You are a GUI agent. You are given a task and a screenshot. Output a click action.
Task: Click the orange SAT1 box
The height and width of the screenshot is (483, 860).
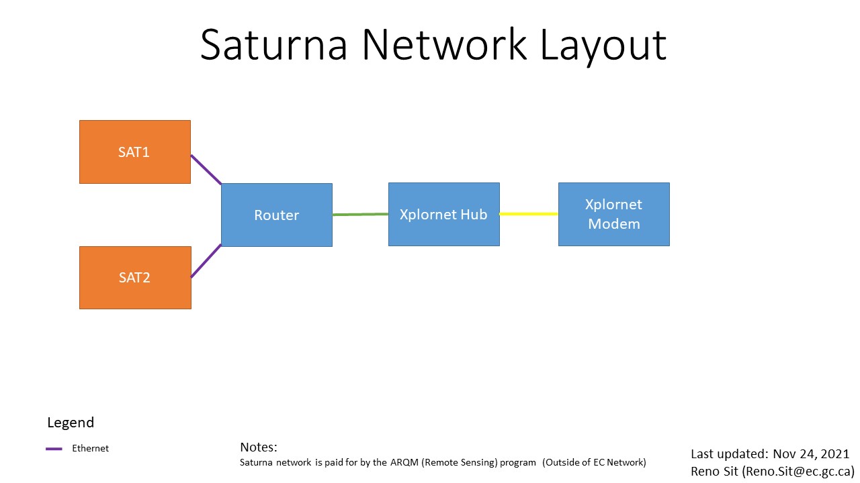click(134, 152)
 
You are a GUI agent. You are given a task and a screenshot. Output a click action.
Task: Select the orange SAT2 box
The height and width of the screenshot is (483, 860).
click(134, 277)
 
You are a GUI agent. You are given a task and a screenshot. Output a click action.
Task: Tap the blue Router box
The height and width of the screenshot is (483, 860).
click(276, 215)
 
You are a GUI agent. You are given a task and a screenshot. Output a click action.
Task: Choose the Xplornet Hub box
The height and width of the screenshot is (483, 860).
click(443, 214)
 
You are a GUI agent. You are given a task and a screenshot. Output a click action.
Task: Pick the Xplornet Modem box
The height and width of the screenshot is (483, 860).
click(613, 214)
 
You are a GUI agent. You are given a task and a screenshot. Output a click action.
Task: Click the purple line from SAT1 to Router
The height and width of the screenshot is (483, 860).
click(206, 170)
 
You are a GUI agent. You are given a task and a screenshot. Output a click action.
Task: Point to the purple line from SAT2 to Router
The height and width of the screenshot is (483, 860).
click(206, 261)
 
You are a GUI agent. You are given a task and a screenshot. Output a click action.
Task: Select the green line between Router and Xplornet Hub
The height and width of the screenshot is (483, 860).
click(360, 214)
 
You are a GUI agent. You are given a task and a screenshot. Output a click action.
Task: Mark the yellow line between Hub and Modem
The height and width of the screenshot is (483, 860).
click(529, 214)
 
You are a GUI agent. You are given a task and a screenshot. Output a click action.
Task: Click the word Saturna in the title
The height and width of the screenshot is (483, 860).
click(273, 46)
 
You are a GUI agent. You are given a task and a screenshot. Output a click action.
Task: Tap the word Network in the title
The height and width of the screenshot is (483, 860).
click(444, 46)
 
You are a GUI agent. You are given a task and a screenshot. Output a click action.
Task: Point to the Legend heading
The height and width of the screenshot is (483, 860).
click(71, 423)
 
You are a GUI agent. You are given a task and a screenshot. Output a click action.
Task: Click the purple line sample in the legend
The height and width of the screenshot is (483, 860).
click(54, 449)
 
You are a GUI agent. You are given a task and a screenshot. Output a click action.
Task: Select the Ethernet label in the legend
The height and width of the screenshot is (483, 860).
click(90, 448)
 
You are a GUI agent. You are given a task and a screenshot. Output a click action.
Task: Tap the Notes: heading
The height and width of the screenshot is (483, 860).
click(258, 447)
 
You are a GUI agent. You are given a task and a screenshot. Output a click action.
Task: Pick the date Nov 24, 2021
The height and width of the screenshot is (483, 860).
click(811, 454)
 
